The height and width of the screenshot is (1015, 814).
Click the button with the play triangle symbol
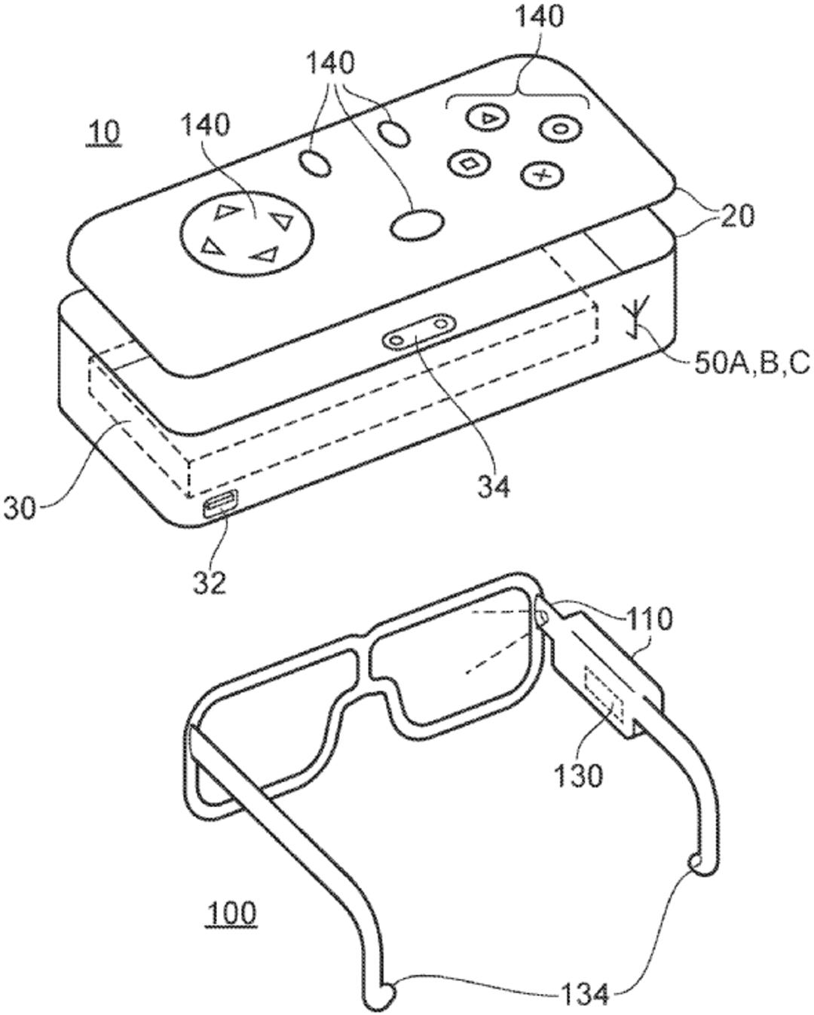487,117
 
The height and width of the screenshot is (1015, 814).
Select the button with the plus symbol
543,176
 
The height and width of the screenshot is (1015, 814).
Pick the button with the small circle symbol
560,127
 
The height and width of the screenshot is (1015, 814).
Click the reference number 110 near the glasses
649,619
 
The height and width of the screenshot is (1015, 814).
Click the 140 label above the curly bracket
540,17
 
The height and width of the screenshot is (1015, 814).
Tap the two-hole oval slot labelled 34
420,331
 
